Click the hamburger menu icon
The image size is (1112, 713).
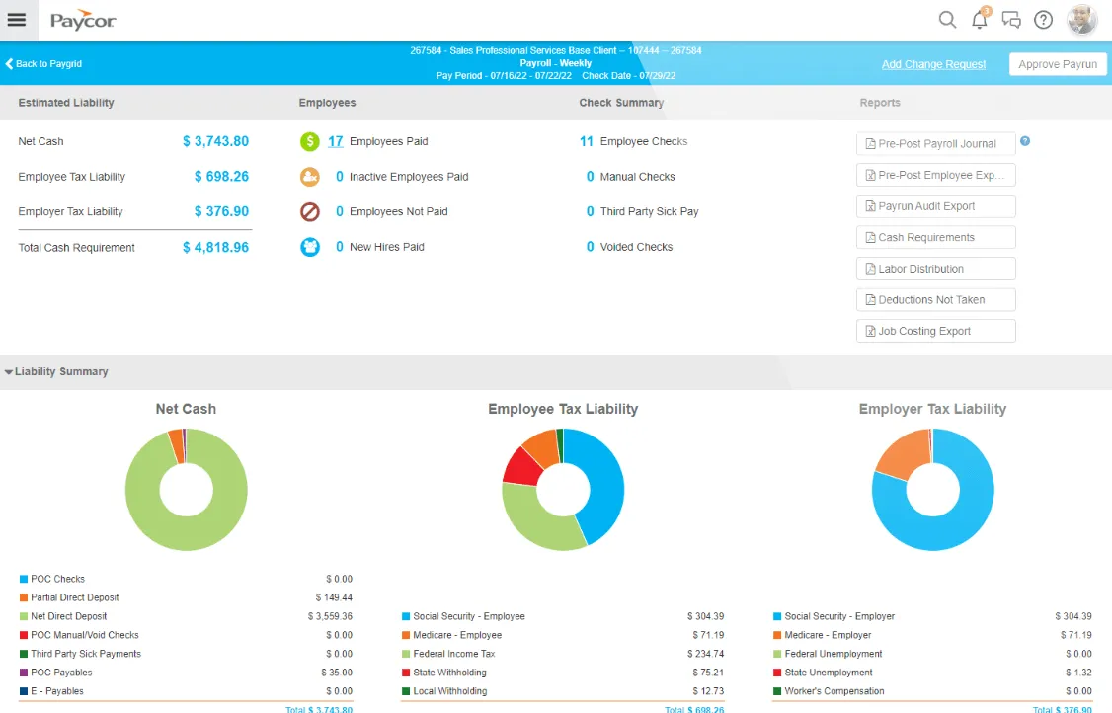coord(17,20)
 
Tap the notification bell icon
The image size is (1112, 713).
coord(980,19)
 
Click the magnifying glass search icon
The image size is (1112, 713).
coord(947,19)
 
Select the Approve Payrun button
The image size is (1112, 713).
coord(1058,64)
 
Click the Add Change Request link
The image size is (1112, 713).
coord(933,64)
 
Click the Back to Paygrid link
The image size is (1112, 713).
coord(43,64)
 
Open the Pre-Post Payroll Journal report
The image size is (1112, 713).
coord(935,144)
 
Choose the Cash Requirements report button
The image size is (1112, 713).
coord(935,238)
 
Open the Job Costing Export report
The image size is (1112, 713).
coord(935,331)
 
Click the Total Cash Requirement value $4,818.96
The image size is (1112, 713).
coord(215,248)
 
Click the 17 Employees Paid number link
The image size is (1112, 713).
coord(336,141)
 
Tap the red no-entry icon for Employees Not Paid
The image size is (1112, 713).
coord(310,212)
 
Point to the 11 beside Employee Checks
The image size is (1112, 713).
coord(587,141)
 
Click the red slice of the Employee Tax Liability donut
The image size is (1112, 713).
coord(524,467)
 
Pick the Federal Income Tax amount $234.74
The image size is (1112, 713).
coord(705,654)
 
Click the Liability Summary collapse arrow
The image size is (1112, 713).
coord(9,371)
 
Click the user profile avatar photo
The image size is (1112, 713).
coord(1082,20)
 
